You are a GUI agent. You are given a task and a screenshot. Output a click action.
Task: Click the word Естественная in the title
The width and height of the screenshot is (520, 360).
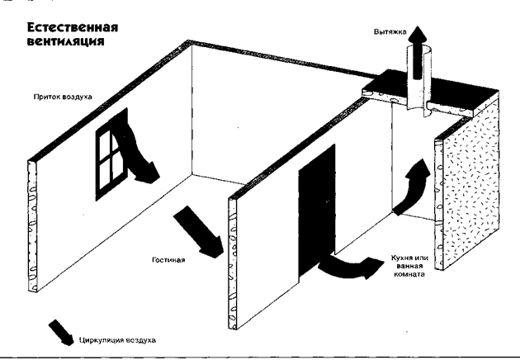pyautogui.click(x=73, y=27)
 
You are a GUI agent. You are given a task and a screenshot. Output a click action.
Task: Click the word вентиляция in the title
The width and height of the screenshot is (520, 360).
pyautogui.click(x=66, y=41)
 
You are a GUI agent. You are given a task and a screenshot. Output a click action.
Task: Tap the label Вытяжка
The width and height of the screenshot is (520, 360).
pyautogui.click(x=390, y=32)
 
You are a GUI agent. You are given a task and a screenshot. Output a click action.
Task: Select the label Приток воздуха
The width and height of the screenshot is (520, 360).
pyautogui.click(x=63, y=97)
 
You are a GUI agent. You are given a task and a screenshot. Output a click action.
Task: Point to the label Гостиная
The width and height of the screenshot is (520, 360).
pyautogui.click(x=168, y=260)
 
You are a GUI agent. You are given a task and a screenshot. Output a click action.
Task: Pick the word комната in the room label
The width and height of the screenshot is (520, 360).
pyautogui.click(x=409, y=274)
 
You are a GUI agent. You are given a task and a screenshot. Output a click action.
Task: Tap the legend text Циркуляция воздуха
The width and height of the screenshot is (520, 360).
pyautogui.click(x=117, y=340)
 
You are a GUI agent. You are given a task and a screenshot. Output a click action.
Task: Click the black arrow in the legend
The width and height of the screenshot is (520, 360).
pyautogui.click(x=62, y=333)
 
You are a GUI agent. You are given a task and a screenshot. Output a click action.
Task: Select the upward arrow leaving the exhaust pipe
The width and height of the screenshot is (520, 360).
pyautogui.click(x=417, y=50)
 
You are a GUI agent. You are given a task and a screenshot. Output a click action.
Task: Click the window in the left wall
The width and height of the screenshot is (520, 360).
pyautogui.click(x=112, y=154)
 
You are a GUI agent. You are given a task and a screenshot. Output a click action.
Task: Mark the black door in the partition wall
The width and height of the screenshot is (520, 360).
pyautogui.click(x=317, y=211)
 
